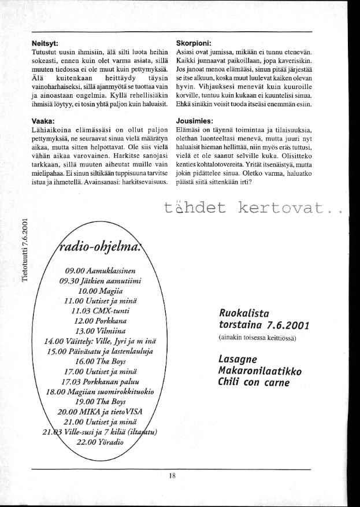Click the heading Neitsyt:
click(47, 42)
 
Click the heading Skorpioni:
click(194, 42)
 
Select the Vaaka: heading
click(43, 121)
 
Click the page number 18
click(172, 476)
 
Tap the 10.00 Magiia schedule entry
click(101, 291)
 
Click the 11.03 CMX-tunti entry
click(101, 310)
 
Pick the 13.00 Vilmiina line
click(101, 330)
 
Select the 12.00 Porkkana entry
click(101, 320)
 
